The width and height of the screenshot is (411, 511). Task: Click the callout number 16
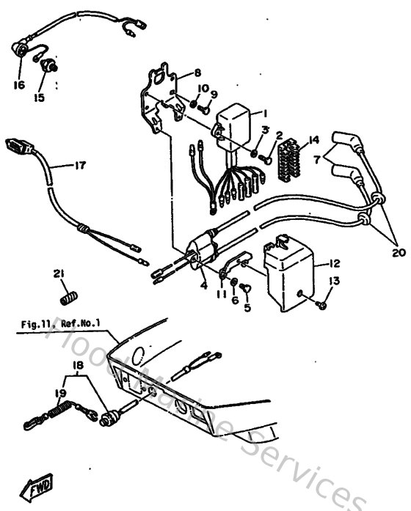pyautogui.click(x=18, y=84)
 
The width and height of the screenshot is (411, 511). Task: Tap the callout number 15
pyautogui.click(x=39, y=97)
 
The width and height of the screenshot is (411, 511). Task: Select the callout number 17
pyautogui.click(x=80, y=166)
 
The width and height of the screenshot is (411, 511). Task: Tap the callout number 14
pyautogui.click(x=314, y=139)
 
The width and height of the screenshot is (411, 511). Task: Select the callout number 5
pyautogui.click(x=247, y=309)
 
